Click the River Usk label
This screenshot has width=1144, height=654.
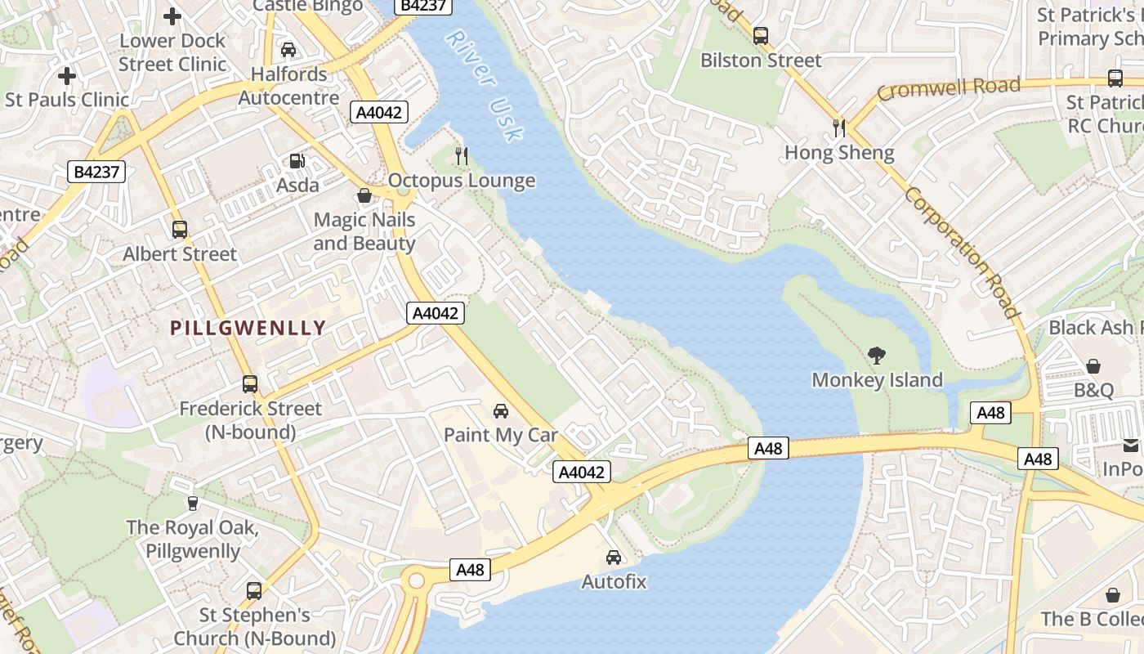(x=485, y=85)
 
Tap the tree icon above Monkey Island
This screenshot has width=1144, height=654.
(x=877, y=356)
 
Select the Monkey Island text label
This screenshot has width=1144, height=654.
(x=877, y=380)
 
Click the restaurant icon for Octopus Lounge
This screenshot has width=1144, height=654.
(x=462, y=155)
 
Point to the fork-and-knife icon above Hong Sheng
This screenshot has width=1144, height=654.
(x=838, y=128)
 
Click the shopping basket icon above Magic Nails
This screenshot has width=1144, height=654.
(x=364, y=195)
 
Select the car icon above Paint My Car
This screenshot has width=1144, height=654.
(x=500, y=410)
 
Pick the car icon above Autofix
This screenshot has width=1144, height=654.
(x=614, y=558)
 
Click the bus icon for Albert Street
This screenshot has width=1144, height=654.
(x=180, y=230)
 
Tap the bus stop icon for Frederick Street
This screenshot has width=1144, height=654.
(x=250, y=383)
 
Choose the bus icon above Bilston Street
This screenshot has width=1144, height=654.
(x=761, y=36)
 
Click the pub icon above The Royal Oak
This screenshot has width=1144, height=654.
(x=193, y=503)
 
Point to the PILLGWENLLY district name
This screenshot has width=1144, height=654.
(x=248, y=329)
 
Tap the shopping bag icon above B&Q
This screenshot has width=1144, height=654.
(x=1093, y=365)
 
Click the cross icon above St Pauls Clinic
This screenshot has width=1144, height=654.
(x=67, y=76)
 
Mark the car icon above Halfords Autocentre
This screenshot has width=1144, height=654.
(x=288, y=50)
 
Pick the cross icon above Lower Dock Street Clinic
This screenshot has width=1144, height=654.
(x=172, y=16)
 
